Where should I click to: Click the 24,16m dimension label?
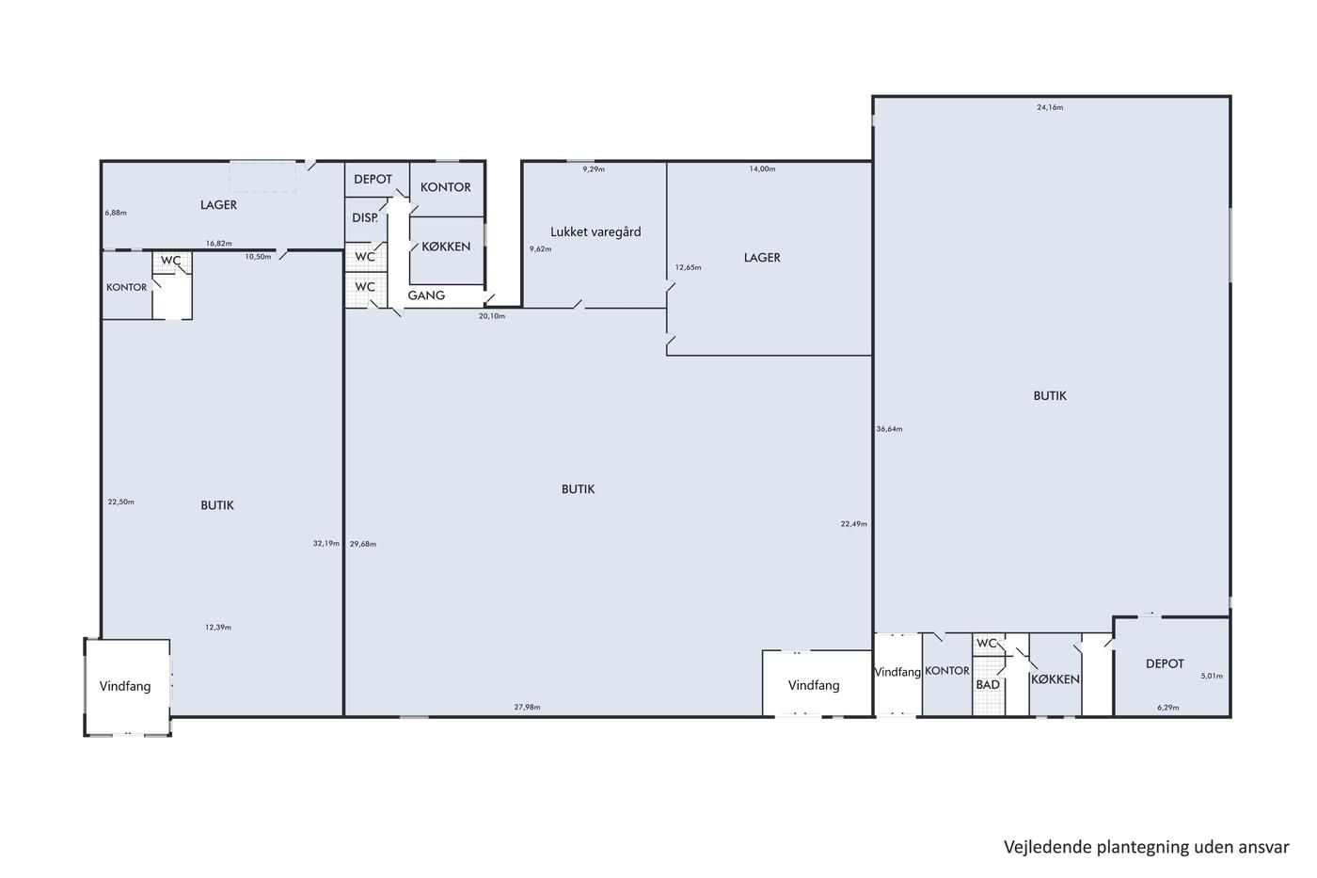pyautogui.click(x=1050, y=107)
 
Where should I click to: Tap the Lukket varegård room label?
pyautogui.click(x=595, y=231)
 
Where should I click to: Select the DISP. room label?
pyautogui.click(x=365, y=217)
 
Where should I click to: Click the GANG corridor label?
pyautogui.click(x=426, y=295)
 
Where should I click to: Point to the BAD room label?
pyautogui.click(x=988, y=684)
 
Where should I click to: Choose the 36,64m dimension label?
pyautogui.click(x=889, y=429)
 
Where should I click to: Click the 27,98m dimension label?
pyautogui.click(x=527, y=707)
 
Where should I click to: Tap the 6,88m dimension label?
pyautogui.click(x=116, y=213)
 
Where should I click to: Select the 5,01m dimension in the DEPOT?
pyautogui.click(x=1212, y=676)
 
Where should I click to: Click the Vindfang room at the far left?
pyautogui.click(x=124, y=686)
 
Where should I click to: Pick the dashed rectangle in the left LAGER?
pyautogui.click(x=262, y=176)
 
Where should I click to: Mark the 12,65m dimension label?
pyautogui.click(x=688, y=267)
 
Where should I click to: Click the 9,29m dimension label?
pyautogui.click(x=594, y=169)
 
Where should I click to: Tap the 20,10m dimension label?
pyautogui.click(x=491, y=316)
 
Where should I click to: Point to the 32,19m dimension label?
pyautogui.click(x=326, y=543)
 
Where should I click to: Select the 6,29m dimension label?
pyautogui.click(x=1168, y=708)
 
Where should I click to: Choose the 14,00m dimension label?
pyautogui.click(x=762, y=169)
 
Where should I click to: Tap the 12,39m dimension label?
pyautogui.click(x=218, y=628)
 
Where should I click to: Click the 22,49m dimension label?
pyautogui.click(x=854, y=524)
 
